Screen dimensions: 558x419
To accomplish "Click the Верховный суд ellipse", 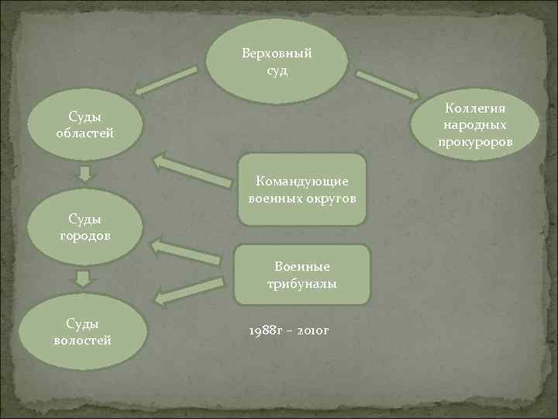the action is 276,63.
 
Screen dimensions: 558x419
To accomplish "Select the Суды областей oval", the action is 85,125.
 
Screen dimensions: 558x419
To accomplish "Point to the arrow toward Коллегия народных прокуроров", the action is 387,85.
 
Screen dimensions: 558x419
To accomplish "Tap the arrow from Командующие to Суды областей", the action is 193,171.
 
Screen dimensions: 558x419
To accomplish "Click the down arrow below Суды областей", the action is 84,172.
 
